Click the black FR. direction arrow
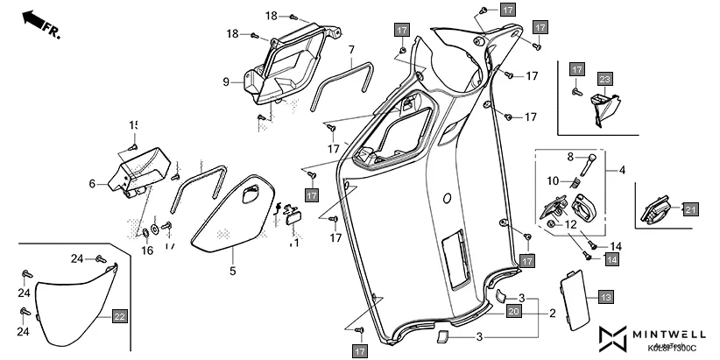coord(33,19)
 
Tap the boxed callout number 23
coord(604,79)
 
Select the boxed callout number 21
coord(691,208)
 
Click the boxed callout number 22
coord(119,316)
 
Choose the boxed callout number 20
coord(514,312)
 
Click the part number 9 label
coord(225,81)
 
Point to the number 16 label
coord(147,251)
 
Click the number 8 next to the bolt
coord(570,157)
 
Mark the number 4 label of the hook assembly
coord(623,168)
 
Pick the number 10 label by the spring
coord(552,180)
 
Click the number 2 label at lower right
coord(553,313)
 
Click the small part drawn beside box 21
coord(658,210)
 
